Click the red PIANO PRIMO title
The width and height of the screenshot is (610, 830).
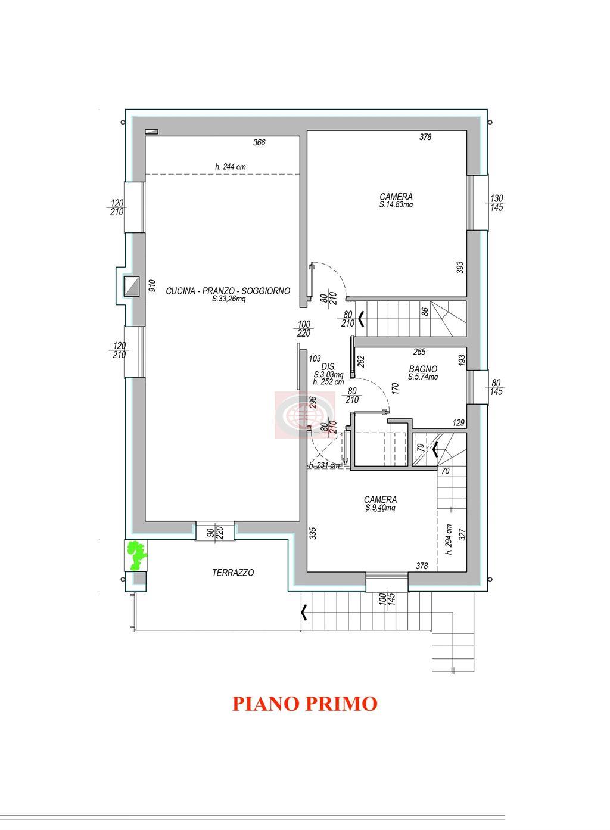point(304,704)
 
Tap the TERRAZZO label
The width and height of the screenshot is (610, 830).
point(233,573)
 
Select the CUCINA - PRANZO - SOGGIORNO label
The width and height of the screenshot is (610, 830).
point(228,291)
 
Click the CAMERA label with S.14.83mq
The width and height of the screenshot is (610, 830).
point(396,197)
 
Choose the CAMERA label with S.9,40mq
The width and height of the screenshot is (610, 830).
point(380,499)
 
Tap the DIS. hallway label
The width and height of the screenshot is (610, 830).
point(328,367)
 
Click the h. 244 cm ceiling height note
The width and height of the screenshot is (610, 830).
point(231,167)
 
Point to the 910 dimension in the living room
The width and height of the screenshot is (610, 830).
point(152,285)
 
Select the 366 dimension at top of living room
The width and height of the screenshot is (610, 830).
point(259,142)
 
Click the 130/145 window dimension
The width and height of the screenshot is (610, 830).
point(497,203)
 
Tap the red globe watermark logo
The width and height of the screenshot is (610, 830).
point(305,415)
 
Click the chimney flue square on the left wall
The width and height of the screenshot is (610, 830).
point(132,285)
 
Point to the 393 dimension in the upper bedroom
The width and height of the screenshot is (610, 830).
point(460,267)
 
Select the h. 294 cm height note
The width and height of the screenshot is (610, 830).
point(449,539)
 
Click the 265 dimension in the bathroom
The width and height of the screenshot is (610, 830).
point(419,352)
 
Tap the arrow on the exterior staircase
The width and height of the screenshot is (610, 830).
point(304,613)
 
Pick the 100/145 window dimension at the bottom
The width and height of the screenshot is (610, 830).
point(387,599)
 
